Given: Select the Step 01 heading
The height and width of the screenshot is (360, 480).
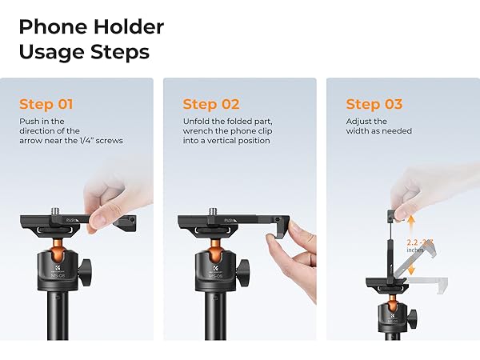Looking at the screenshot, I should point(46,104).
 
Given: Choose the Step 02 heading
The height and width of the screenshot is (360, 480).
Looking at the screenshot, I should point(211,104).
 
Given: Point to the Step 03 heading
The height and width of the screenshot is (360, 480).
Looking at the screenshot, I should point(374,104).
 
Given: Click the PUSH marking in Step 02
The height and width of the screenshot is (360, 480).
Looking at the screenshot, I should point(230,218).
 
